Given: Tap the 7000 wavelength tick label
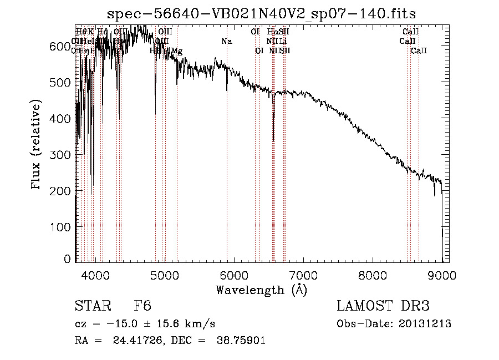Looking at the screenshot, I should tap(303, 276).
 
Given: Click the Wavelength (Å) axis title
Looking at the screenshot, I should tap(261, 290).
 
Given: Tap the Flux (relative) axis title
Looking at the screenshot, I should tap(37, 145).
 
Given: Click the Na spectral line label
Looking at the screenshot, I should tap(226, 41).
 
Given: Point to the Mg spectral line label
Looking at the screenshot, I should tap(177, 51).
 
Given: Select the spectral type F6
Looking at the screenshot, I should tap(142, 307).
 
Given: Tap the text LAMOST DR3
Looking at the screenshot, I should tap(383, 307).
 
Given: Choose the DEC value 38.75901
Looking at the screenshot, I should tap(240, 341).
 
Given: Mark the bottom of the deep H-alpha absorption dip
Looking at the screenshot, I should tap(273, 141).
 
